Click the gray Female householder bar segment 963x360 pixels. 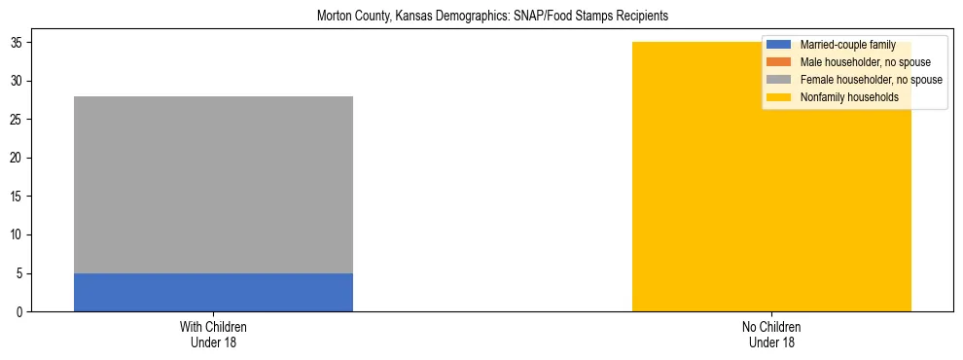pos(213,185)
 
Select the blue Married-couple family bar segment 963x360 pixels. pos(213,292)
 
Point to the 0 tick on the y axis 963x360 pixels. pos(20,312)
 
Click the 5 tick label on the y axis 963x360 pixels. pos(20,273)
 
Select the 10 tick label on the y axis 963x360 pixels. pos(18,235)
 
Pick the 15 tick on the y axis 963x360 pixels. pos(18,197)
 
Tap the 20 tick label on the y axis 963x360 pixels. pos(18,159)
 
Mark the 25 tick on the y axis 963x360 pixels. pos(18,120)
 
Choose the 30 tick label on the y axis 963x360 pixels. pos(18,82)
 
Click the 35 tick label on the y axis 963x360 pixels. pos(18,43)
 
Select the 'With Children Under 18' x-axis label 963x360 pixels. pos(213,334)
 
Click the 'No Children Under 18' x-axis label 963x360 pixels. pos(771,334)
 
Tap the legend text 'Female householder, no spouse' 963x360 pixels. pos(871,80)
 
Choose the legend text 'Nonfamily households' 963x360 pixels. pos(849,97)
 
